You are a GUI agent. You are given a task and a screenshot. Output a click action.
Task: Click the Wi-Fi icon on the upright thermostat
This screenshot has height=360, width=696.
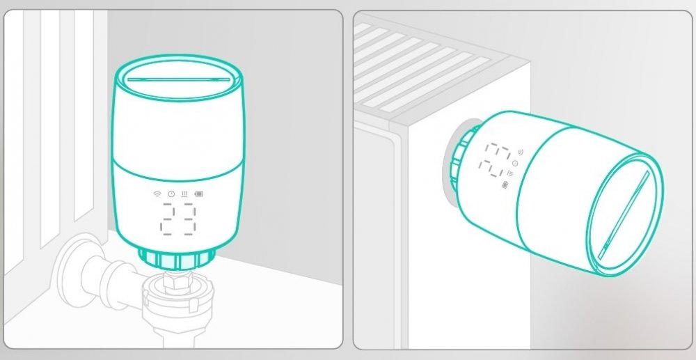(157, 194)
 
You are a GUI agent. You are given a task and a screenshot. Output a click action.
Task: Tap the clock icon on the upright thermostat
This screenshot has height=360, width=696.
(171, 194)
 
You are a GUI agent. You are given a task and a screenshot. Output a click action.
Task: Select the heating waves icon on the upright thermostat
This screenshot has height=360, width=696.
(184, 194)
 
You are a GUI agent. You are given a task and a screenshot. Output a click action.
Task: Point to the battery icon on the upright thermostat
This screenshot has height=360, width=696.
(198, 194)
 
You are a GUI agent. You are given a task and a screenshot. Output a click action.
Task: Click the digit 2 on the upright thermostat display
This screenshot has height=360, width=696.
(168, 219)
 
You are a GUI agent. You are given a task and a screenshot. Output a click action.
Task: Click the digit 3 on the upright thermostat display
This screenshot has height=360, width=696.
(188, 219)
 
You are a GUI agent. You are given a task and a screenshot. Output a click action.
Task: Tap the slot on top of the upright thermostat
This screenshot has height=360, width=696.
(178, 80)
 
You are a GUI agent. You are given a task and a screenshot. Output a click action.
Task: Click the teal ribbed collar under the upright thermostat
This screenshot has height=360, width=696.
(177, 259)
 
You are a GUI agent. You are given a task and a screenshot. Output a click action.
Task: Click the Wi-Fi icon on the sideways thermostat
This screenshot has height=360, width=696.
(520, 152)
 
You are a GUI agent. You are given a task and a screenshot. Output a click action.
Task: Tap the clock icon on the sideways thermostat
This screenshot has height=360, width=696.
(515, 164)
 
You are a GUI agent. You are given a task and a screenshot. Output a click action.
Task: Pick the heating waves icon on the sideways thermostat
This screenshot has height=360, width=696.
(510, 173)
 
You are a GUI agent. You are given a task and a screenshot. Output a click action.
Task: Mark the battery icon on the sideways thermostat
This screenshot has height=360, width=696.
(505, 185)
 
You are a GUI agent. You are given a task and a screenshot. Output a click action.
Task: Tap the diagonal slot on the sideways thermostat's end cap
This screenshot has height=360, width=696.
(624, 215)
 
